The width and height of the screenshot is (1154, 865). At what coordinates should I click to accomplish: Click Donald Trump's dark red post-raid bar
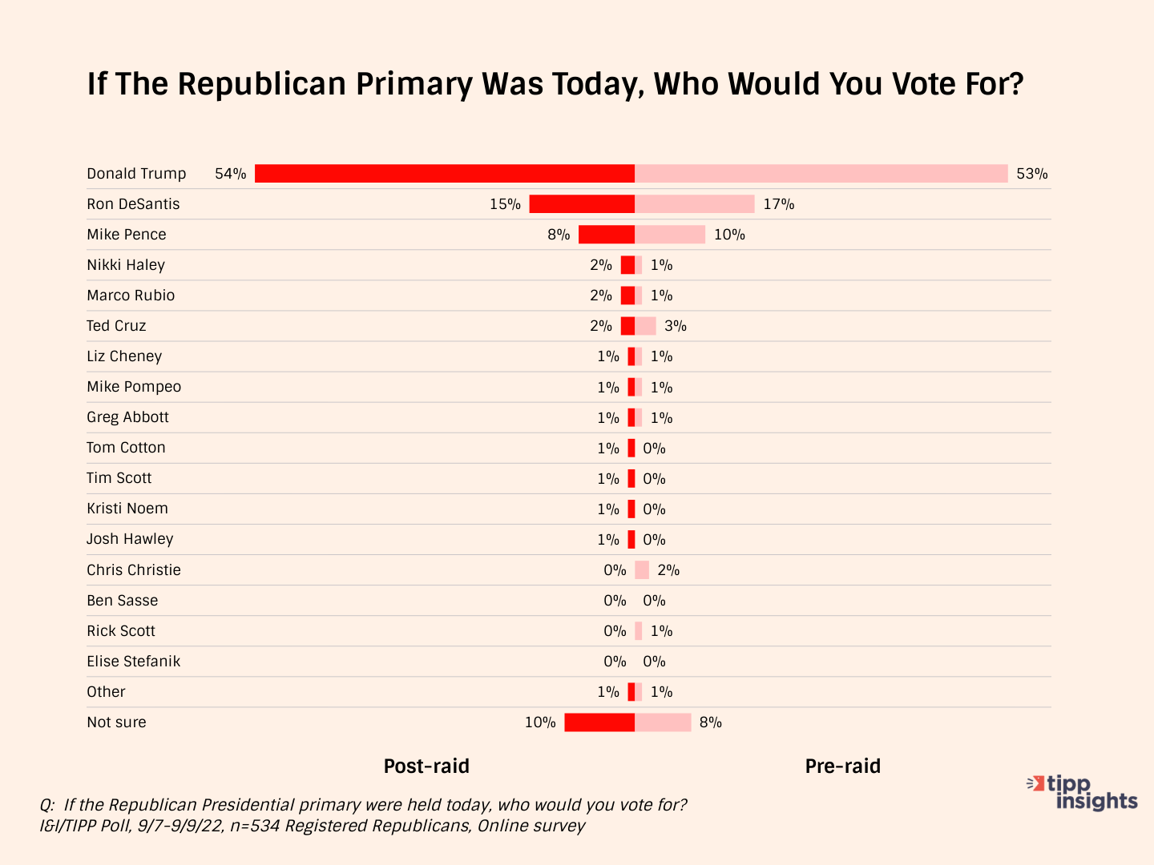point(445,174)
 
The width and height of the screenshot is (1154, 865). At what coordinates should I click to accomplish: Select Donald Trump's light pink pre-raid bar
point(821,174)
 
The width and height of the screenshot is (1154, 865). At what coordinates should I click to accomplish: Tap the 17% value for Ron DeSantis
point(778,204)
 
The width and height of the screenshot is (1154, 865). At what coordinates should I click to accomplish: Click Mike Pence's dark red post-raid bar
point(607,235)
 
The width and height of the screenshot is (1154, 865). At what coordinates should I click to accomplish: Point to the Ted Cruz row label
point(116,326)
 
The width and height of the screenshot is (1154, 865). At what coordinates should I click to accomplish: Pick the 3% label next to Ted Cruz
point(676,326)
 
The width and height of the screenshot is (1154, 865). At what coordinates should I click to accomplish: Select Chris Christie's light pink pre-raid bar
point(642,570)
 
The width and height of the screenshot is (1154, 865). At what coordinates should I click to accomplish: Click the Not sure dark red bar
point(599,722)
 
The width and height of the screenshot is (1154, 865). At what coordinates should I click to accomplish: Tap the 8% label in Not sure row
point(711,722)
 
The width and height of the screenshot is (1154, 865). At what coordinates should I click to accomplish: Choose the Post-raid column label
point(426,766)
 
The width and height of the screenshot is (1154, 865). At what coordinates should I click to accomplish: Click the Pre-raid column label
point(842,766)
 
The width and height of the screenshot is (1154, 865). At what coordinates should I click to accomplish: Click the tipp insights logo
point(1083,793)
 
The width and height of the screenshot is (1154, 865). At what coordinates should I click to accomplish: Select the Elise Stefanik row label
point(134,662)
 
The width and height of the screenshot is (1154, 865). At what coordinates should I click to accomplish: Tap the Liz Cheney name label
point(124,356)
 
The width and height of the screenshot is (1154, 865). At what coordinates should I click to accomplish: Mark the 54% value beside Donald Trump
point(231,174)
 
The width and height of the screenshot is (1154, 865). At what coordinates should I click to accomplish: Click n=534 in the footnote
point(255,826)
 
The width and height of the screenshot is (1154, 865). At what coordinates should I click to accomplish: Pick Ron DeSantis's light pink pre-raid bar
point(694,204)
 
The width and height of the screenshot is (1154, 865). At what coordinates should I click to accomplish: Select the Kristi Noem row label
point(127,509)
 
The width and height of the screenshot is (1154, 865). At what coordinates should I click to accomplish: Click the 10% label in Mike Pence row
point(729,235)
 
